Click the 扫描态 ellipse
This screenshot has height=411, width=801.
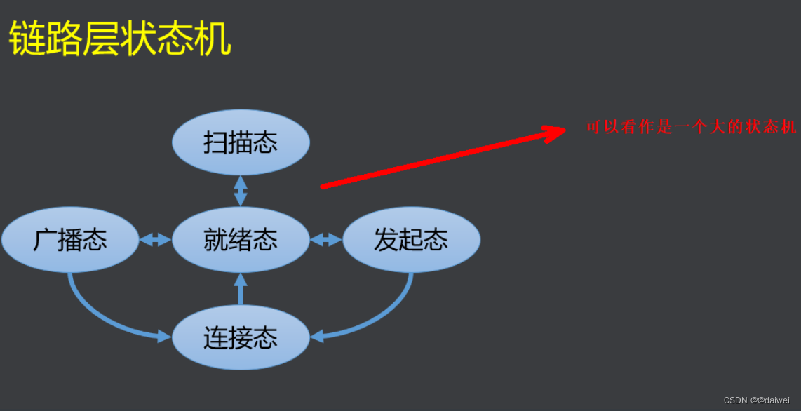[241, 142]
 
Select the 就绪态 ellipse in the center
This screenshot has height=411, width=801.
[241, 240]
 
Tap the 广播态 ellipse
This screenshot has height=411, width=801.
[70, 240]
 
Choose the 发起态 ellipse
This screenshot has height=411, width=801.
[411, 240]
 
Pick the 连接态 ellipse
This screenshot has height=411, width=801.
[241, 338]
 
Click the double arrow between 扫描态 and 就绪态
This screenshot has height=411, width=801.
[241, 191]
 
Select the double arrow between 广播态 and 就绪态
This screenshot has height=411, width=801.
[155, 240]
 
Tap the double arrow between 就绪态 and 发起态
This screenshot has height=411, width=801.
[325, 240]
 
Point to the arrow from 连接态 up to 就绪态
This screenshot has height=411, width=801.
[241, 289]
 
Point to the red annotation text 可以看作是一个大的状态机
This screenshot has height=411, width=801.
[691, 127]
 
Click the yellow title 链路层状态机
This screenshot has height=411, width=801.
[120, 40]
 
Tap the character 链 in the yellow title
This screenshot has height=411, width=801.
[27, 40]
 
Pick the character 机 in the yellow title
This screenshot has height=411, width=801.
[213, 40]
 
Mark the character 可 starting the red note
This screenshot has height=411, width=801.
[593, 127]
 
